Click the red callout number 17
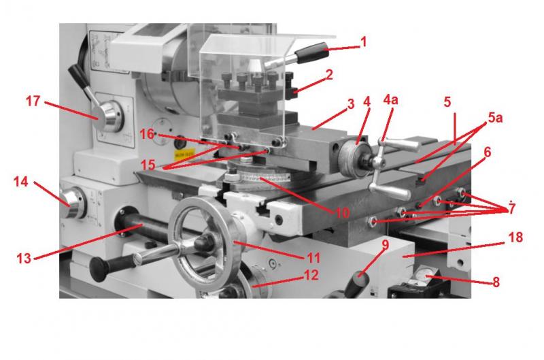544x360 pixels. [x=33, y=101]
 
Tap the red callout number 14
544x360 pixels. [x=20, y=182]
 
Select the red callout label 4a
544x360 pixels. [x=390, y=99]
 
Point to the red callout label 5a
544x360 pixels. [x=495, y=118]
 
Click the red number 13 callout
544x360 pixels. [x=24, y=259]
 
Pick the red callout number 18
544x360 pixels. [x=515, y=238]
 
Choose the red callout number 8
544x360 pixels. [x=496, y=282]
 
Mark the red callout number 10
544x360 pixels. [x=343, y=213]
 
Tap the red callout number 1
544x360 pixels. [x=363, y=42]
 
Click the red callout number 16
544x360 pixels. [x=147, y=134]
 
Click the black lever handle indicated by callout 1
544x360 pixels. [x=311, y=53]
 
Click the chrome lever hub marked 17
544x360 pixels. [x=108, y=117]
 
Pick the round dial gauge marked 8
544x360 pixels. [x=423, y=275]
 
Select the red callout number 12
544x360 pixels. [x=311, y=275]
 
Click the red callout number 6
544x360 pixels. [x=488, y=152]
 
